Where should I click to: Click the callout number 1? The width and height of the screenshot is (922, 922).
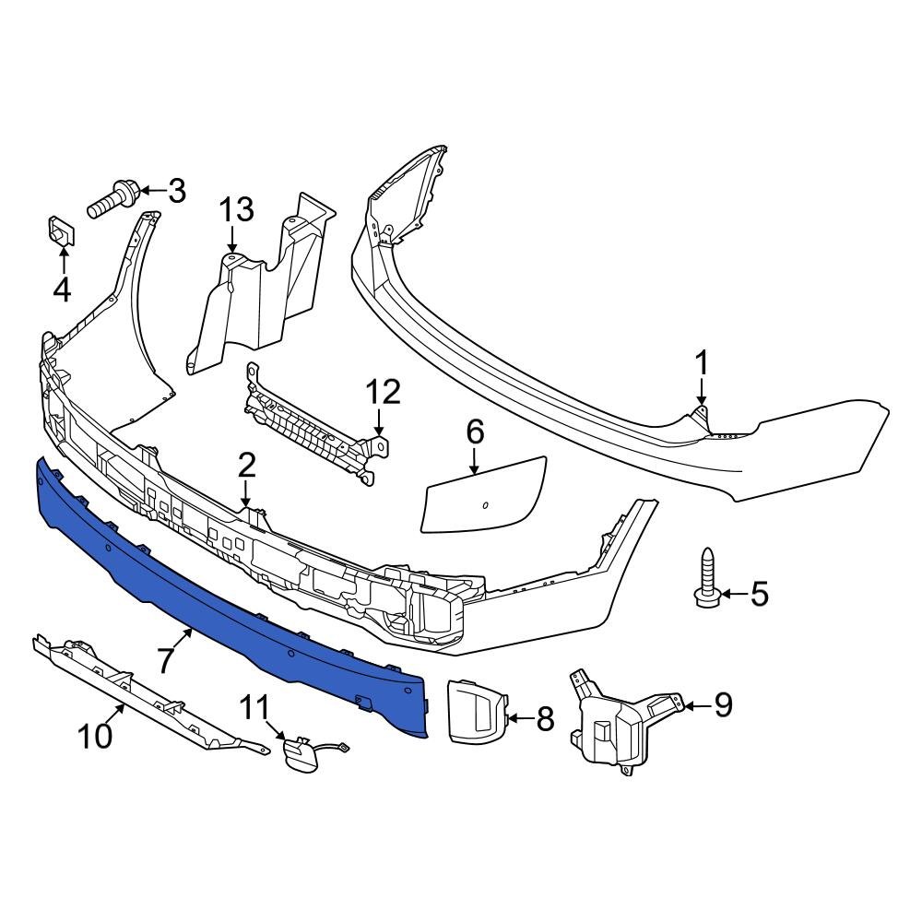click(702, 363)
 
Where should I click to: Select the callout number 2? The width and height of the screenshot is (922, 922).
click(245, 466)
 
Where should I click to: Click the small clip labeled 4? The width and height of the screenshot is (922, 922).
click(61, 231)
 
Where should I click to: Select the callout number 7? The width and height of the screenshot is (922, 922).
click(165, 660)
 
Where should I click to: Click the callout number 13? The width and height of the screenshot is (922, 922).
click(235, 210)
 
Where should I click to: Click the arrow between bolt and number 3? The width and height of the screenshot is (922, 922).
click(152, 192)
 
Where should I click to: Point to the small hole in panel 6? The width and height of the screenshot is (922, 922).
click(486, 504)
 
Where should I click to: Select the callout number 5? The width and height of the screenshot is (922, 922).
click(758, 594)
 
